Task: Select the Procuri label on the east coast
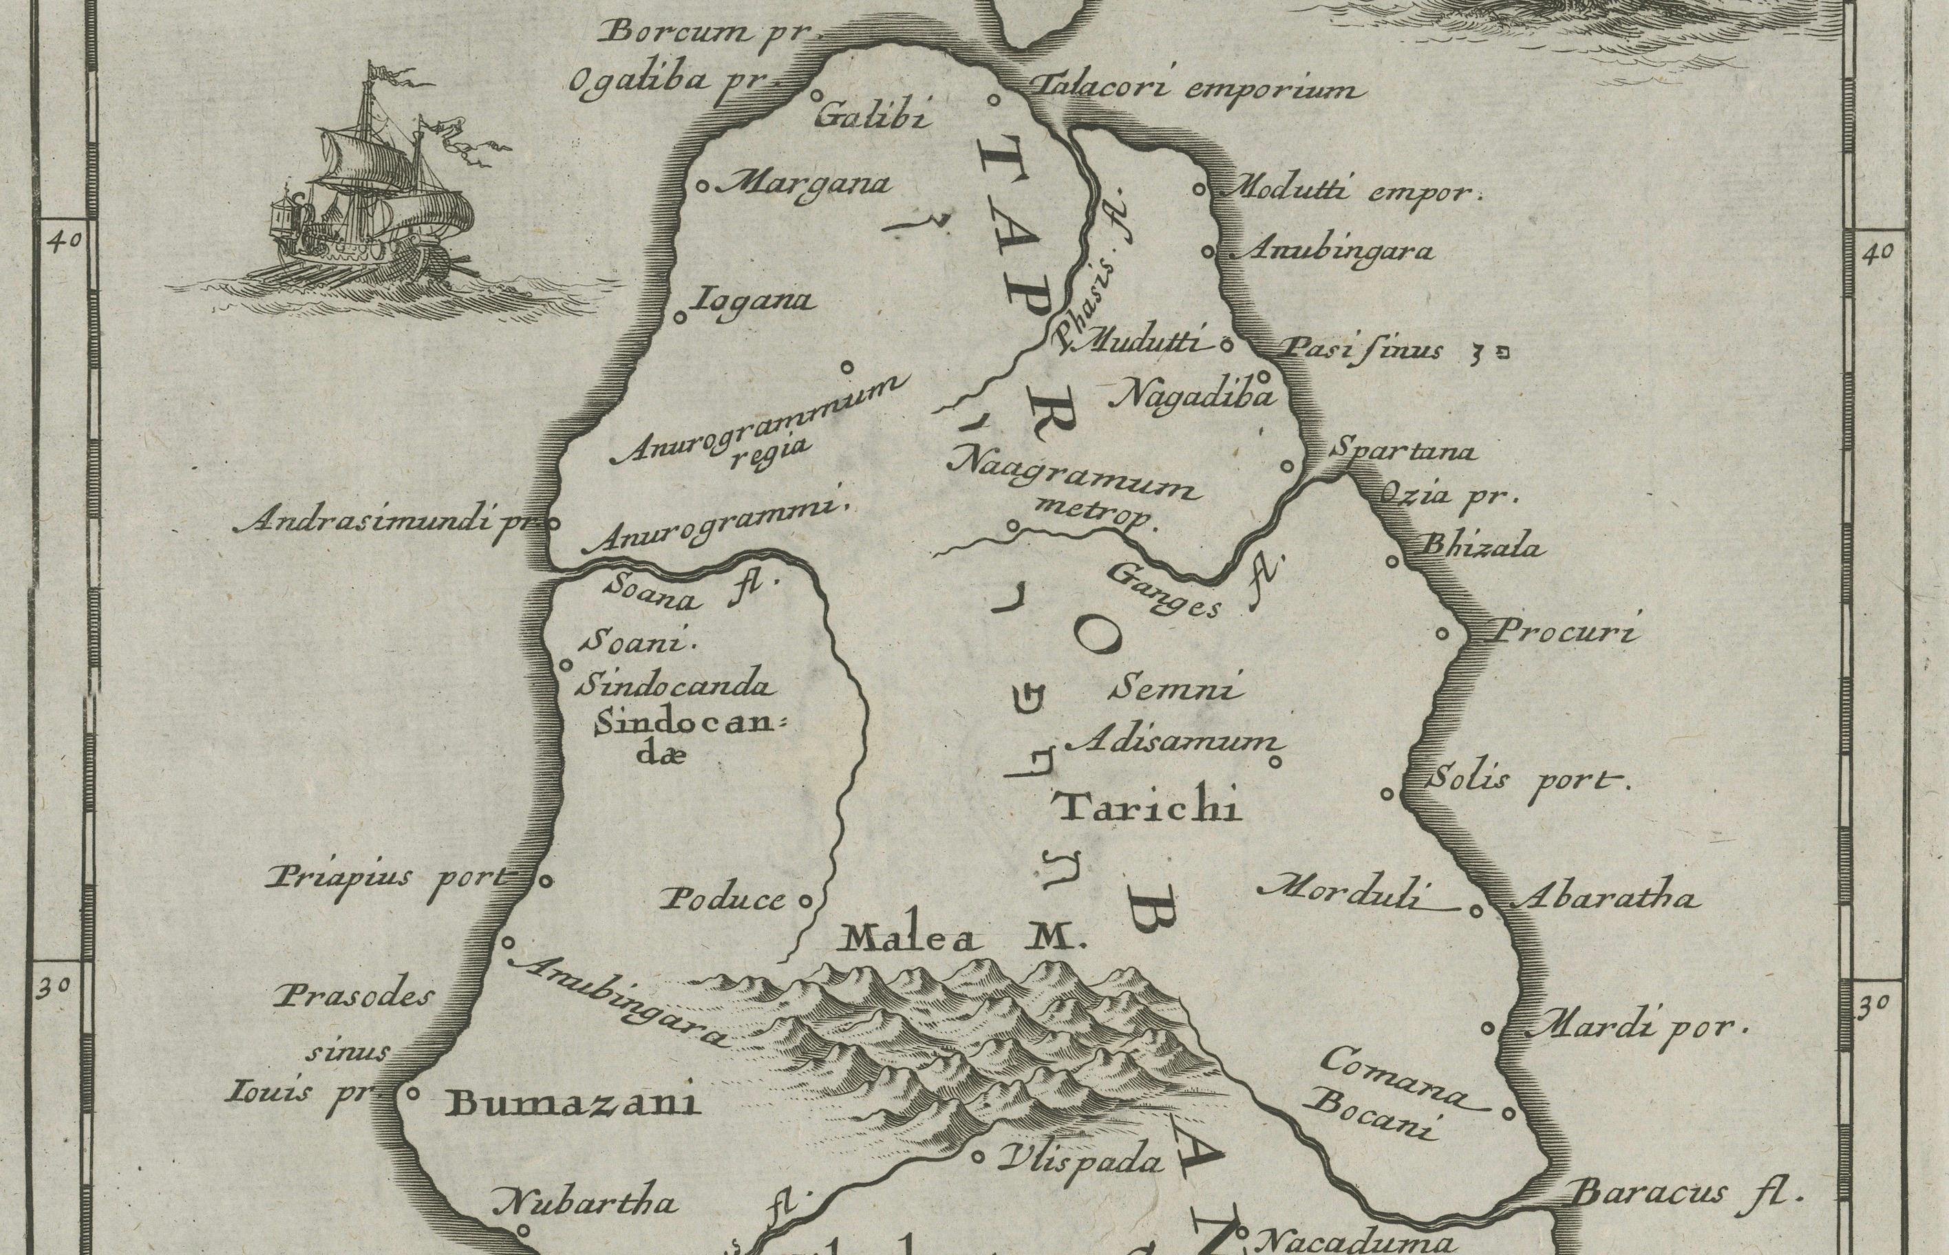1562,632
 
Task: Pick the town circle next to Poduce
805,901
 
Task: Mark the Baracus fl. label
1684,1194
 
